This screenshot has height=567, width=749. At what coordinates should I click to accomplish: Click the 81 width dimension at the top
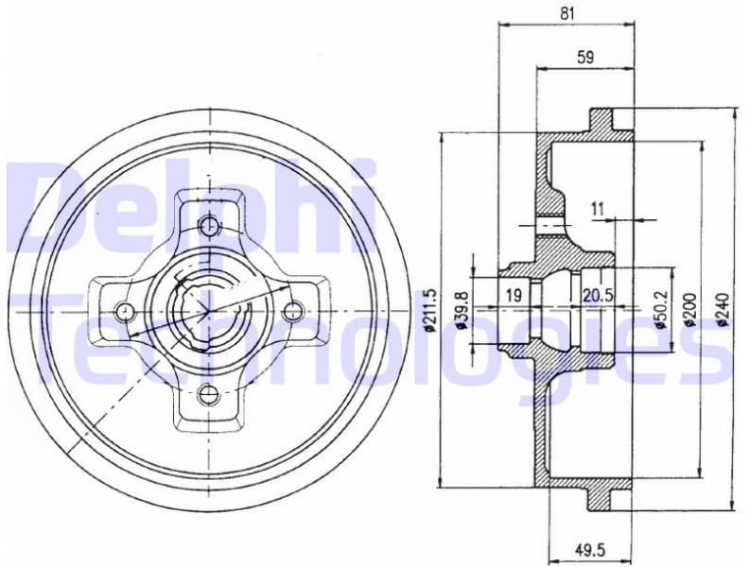coord(566,12)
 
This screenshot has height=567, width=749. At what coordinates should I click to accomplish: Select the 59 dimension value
coord(585,57)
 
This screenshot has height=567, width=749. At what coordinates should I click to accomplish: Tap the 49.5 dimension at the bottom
coord(591,547)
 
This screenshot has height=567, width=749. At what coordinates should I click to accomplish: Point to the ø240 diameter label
coord(723,309)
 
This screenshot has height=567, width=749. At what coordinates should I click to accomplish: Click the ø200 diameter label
coord(689,309)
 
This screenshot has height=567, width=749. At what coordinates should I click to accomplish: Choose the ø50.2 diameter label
coord(660,309)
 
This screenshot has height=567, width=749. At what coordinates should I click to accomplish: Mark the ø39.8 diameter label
coord(462,309)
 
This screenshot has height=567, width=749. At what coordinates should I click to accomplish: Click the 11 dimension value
coord(597,207)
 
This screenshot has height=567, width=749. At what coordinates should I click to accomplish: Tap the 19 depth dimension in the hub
coord(513,296)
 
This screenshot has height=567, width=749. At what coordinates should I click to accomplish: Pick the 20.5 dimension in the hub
coord(598,296)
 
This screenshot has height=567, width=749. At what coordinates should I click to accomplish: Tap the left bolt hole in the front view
coord(124,311)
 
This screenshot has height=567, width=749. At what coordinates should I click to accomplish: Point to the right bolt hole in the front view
coord(293,309)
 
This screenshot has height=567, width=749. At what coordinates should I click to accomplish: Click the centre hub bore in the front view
coord(206,309)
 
